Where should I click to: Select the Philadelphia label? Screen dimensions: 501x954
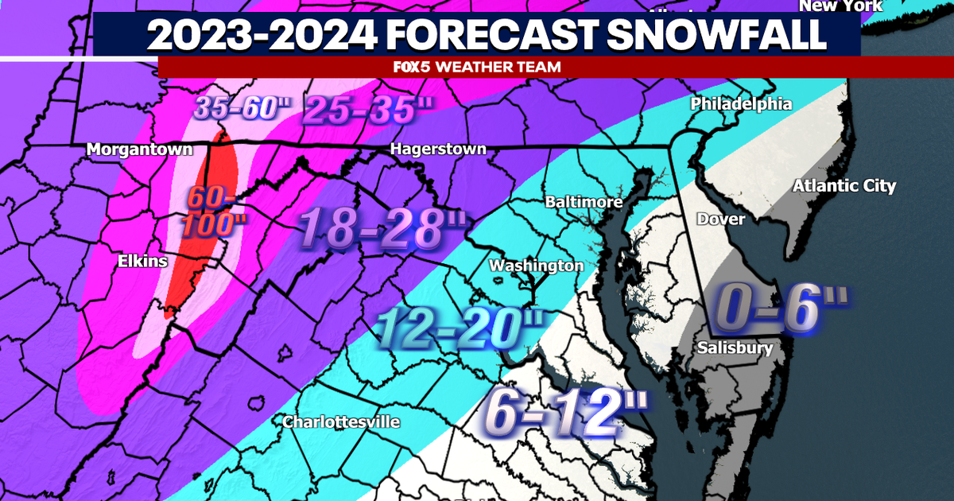[x=741, y=104]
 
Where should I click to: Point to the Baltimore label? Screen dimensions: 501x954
[x=584, y=202]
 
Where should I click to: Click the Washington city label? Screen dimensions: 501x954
[x=536, y=266]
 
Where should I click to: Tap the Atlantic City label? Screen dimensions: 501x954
[x=843, y=186]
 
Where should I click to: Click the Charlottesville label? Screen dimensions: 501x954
[x=341, y=421]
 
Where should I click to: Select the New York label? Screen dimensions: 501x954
[x=840, y=6]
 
